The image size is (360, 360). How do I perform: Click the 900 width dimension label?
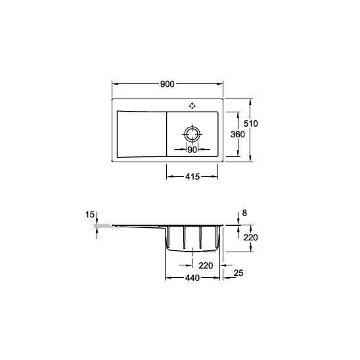point(167,84)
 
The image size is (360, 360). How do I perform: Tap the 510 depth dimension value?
point(251,124)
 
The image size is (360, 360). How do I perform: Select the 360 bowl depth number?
point(238,134)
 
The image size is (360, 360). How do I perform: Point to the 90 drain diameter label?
point(192,150)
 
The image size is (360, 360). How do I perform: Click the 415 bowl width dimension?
point(192,177)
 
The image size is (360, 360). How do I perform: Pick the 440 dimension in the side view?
point(192,278)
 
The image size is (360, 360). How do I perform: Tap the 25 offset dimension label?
point(238,273)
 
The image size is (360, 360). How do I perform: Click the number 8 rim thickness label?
point(244,213)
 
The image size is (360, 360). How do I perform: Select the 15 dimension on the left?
point(90,215)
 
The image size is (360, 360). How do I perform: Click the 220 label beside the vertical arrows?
point(250,237)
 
